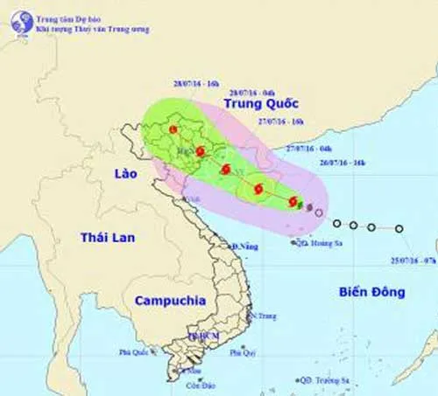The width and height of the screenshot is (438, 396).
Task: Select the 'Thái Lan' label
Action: pyautogui.click(x=104, y=238)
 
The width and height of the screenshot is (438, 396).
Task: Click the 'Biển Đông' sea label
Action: pyautogui.click(x=371, y=293)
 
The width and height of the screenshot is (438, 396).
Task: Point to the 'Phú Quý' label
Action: pyautogui.click(x=243, y=352)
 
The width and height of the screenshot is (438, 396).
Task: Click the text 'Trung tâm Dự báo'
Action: pyautogui.click(x=68, y=16)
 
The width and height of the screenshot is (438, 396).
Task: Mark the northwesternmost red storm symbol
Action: pyautogui.click(x=173, y=129)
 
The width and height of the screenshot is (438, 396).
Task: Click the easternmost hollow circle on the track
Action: pyautogui.click(x=399, y=228)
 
